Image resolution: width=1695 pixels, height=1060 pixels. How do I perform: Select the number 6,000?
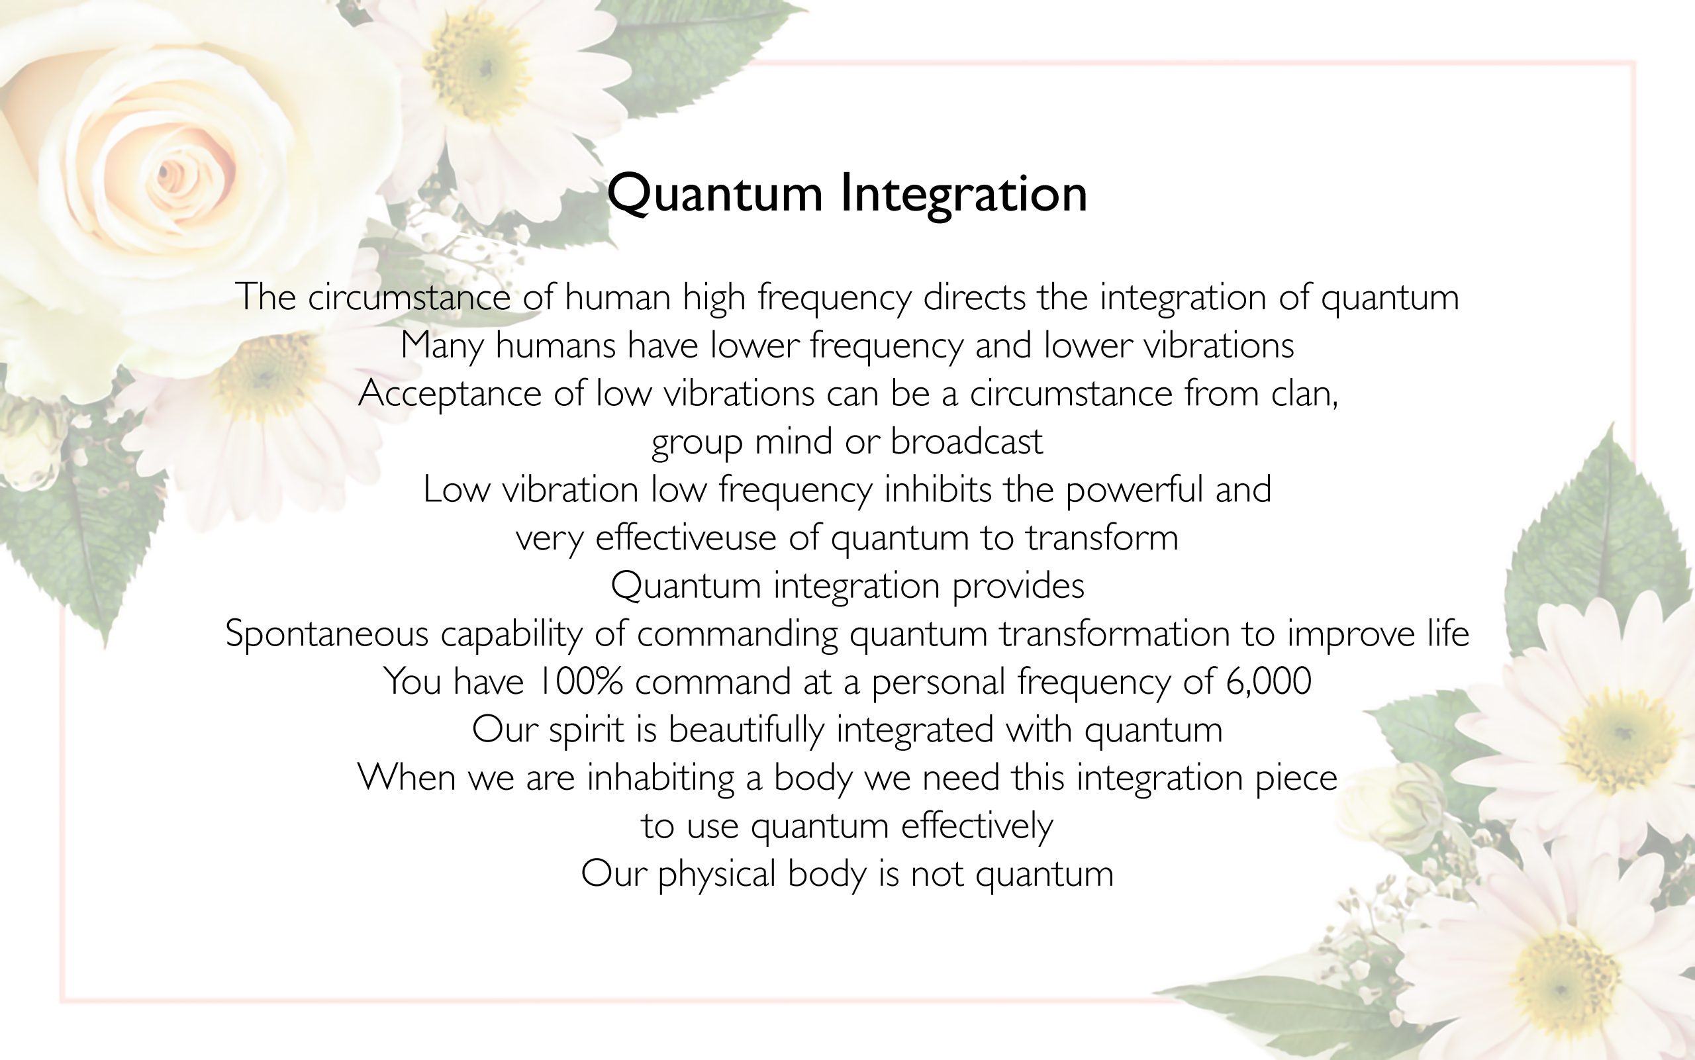click(x=1269, y=681)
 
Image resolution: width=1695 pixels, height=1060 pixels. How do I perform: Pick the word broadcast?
click(x=967, y=442)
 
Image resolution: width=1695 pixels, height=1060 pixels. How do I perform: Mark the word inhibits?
click(x=938, y=489)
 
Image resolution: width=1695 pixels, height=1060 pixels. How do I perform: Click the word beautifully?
click(x=747, y=730)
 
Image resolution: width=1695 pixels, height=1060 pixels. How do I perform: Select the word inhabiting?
click(x=660, y=778)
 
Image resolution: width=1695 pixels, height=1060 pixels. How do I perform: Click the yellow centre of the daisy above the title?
click(x=478, y=64)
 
